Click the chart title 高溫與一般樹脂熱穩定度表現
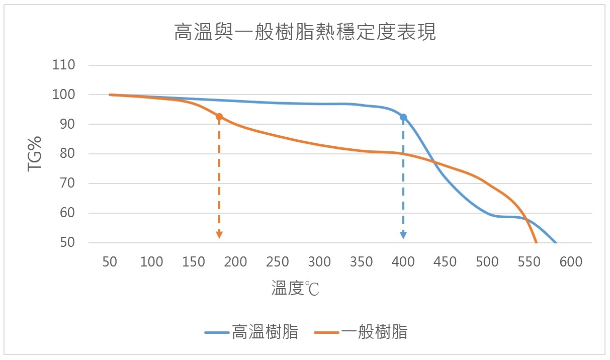[304, 32]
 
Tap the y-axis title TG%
[35, 153]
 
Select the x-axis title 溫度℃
[295, 289]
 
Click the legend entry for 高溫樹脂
[251, 332]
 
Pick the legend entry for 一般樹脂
[361, 332]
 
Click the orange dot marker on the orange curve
[219, 117]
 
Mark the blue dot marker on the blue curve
[403, 117]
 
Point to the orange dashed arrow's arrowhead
[219, 234]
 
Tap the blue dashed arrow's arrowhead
[403, 234]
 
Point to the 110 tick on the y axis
[64, 65]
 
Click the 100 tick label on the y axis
[64, 95]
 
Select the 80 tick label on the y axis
[67, 154]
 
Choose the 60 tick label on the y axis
[67, 213]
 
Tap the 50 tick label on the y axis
[67, 243]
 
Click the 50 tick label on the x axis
[110, 262]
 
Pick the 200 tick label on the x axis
[235, 262]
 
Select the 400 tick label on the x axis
[403, 262]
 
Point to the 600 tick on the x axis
[571, 262]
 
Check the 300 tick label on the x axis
[319, 262]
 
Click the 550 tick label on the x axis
[529, 262]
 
